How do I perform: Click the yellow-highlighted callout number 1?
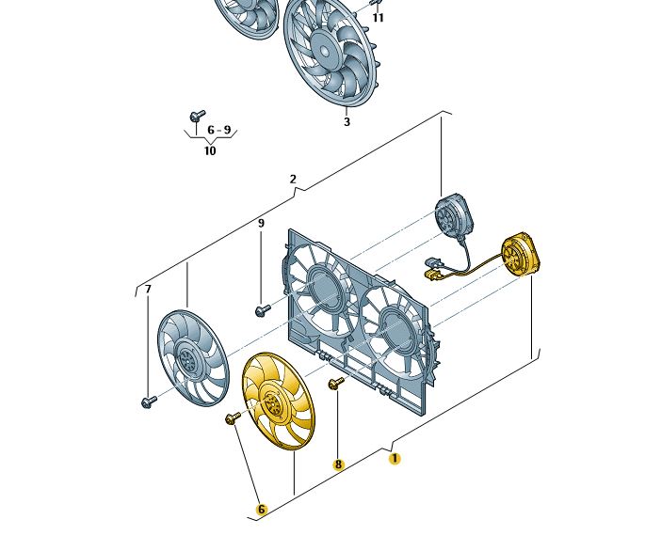point(395,459)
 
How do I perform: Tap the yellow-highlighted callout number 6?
point(261,510)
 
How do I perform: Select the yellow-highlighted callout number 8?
point(338,464)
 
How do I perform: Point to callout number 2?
point(293,180)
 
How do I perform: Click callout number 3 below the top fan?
point(347,122)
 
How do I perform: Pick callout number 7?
point(148,290)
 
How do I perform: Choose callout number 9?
point(261,224)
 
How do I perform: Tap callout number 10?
point(210,150)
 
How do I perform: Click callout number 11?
point(378,18)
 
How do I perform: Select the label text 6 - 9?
point(219,131)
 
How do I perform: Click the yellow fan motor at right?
point(521,254)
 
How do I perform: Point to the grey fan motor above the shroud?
point(455,216)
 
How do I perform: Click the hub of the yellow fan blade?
point(272,402)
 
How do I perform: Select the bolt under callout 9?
point(263,310)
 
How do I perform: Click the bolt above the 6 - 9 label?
point(197,116)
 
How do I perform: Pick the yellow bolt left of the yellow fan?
point(233,418)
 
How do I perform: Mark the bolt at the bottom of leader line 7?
point(149,401)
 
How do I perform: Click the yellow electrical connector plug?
point(430,275)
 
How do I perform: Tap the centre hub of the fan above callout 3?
point(324,49)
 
